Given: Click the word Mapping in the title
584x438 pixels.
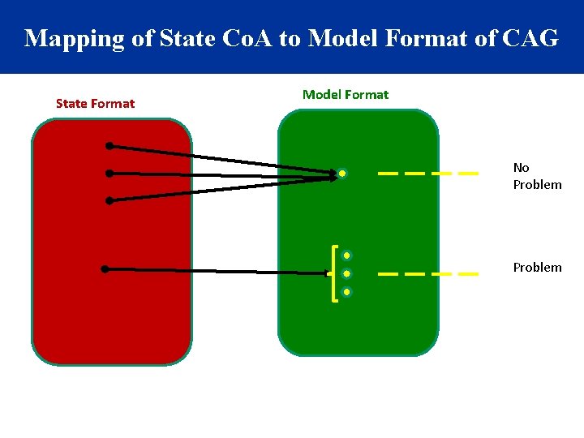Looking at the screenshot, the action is click(67, 38).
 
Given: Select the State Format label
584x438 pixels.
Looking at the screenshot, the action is click(95, 103).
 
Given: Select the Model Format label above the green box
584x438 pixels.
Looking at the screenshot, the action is click(345, 94).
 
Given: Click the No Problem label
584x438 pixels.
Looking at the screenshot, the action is click(536, 176).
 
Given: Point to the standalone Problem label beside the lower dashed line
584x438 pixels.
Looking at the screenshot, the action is click(536, 267).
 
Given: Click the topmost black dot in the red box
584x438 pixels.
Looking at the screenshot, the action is click(109, 146).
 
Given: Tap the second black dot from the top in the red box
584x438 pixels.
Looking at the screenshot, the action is click(109, 173).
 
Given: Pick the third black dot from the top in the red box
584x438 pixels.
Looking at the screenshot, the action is click(109, 200).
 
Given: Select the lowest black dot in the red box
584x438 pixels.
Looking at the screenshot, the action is click(104, 269).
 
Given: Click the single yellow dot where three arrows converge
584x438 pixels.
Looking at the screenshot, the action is click(343, 174).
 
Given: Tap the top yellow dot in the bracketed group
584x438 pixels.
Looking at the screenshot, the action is click(346, 255).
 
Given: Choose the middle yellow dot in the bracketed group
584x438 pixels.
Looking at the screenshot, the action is click(346, 273).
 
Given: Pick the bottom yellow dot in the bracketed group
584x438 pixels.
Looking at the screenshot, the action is click(346, 291).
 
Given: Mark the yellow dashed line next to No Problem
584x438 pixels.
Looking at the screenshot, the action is click(427, 173).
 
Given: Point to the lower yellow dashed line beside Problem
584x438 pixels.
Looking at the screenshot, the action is click(427, 274).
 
